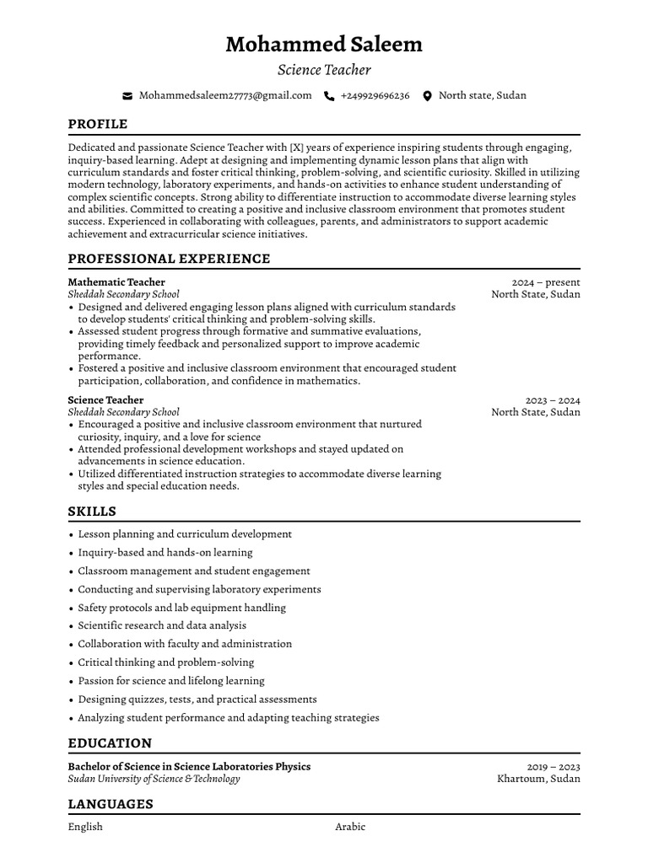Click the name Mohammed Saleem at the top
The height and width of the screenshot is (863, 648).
click(324, 44)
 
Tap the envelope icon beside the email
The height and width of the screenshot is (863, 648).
click(127, 96)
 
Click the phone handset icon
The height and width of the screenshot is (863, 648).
click(329, 96)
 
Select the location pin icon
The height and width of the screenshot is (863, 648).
click(427, 96)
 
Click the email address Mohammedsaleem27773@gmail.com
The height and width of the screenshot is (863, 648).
click(225, 96)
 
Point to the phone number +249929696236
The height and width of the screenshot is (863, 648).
click(375, 96)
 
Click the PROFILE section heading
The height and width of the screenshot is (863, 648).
click(98, 124)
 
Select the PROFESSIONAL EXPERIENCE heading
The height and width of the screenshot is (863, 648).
click(169, 259)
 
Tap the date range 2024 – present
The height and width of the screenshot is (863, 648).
click(546, 282)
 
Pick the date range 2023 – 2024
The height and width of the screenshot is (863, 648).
click(553, 400)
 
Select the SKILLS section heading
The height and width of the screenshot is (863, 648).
click(92, 512)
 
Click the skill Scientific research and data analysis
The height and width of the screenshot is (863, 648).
click(162, 625)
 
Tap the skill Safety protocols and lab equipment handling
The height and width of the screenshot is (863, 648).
click(181, 608)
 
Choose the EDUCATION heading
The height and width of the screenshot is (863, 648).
click(110, 743)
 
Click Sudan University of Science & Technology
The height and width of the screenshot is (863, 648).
click(154, 779)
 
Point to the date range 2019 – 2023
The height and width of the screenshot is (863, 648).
click(553, 767)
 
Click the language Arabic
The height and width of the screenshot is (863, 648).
click(350, 827)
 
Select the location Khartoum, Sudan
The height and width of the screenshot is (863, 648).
click(538, 779)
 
